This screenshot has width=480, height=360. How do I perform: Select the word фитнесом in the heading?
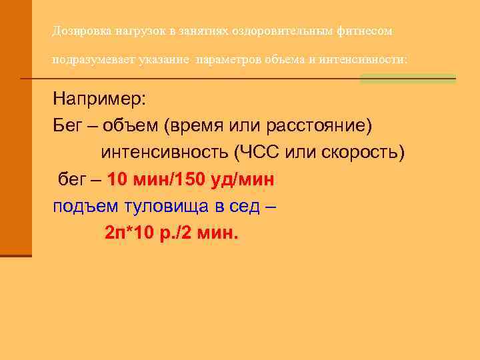pyautogui.click(x=369, y=31)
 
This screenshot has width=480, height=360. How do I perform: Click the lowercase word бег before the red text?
pyautogui.click(x=73, y=180)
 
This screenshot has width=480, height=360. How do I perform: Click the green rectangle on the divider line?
pyautogui.click(x=407, y=79)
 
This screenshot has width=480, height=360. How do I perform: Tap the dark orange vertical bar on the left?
pyautogui.click(x=15, y=127)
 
